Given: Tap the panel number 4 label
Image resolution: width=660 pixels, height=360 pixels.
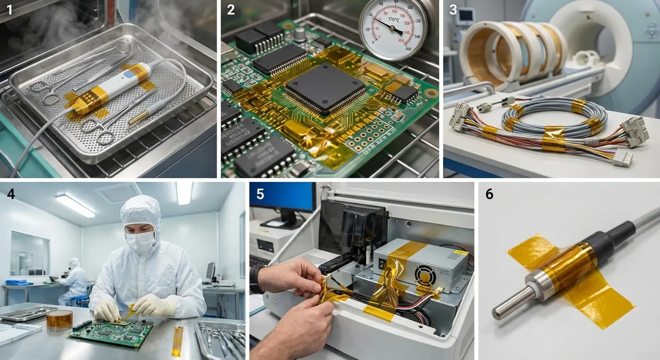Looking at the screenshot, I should point(10,194).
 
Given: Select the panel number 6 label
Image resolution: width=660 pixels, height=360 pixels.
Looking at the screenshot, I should point(489,194).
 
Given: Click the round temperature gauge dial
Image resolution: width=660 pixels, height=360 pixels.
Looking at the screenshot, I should point(393,29).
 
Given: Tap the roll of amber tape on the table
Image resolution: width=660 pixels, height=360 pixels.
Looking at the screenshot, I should point(60,318).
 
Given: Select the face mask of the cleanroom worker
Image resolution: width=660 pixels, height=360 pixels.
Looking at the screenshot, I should point(140,241).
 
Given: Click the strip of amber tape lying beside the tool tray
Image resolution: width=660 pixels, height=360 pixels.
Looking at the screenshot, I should point(177,341).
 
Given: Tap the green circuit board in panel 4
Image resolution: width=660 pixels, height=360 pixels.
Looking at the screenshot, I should point(111,330).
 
